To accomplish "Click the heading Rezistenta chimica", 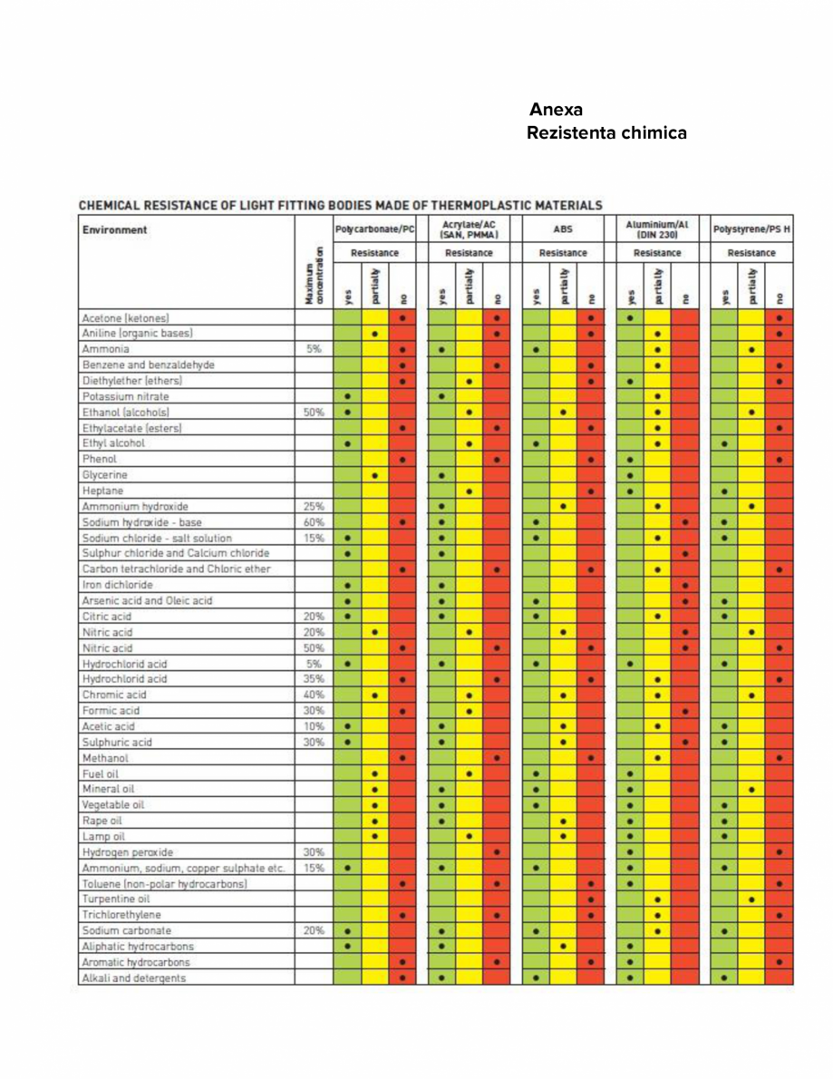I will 606,133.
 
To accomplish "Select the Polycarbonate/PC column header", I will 374,229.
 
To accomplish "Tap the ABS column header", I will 564,230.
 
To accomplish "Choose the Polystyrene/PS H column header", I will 751,229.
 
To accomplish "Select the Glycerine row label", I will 104,475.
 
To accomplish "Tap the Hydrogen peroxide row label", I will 128,852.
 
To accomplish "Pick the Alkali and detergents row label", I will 134,977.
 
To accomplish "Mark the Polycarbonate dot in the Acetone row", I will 402,318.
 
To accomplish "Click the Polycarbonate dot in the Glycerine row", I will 375,475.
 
